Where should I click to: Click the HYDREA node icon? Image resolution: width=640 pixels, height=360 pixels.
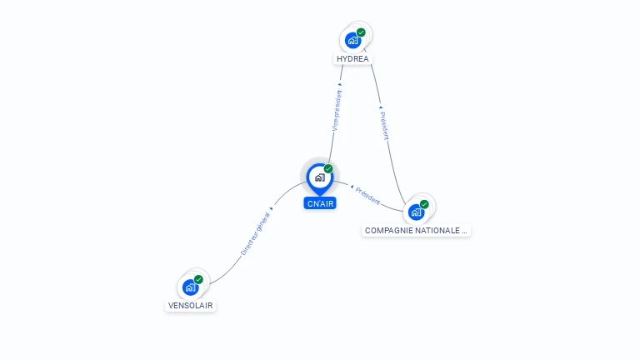tap(353, 40)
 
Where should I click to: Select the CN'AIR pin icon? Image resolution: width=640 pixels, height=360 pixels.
tap(319, 177)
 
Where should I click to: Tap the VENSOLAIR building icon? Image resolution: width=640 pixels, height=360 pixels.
tap(190, 287)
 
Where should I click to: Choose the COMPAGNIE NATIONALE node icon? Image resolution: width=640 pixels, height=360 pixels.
tap(416, 212)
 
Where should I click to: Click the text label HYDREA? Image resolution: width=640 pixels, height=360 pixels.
tap(352, 59)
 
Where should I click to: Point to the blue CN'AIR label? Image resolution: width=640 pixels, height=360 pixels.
tap(320, 203)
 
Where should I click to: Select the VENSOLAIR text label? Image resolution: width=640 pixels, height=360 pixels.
tap(191, 306)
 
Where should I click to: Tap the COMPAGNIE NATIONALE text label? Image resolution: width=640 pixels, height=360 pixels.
tap(417, 230)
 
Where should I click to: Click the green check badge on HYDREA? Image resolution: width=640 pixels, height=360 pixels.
tap(361, 32)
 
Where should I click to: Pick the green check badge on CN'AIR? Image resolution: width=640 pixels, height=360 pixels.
tap(328, 169)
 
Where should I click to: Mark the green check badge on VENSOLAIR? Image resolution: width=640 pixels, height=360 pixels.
tap(198, 280)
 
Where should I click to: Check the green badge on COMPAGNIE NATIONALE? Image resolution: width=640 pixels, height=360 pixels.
tap(424, 204)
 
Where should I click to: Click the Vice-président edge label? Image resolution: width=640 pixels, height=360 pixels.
tap(337, 110)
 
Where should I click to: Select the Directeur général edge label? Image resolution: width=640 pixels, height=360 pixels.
tap(255, 233)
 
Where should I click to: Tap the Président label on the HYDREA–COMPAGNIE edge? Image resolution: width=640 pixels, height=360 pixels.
tap(384, 126)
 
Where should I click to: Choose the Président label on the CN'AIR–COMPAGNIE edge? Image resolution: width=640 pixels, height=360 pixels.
tap(367, 196)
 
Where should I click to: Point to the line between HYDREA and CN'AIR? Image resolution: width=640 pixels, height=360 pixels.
tap(332, 146)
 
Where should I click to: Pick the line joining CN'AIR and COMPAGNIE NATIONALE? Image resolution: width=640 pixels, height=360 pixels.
tap(388, 200)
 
